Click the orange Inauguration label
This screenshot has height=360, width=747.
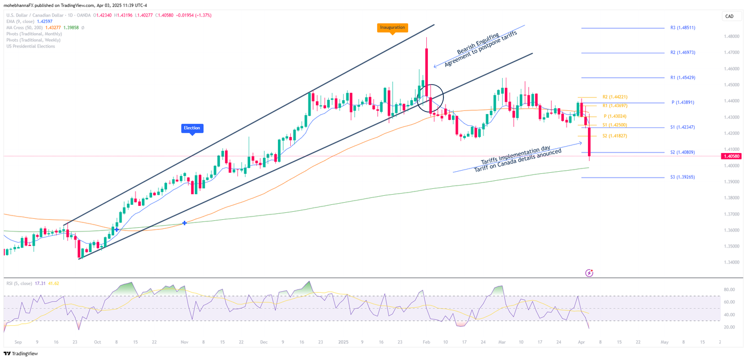392,27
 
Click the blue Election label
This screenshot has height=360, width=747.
192,128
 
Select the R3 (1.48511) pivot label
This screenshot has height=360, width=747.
682,28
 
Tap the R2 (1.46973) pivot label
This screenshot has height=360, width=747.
682,53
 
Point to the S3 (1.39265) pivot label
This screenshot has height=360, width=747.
682,177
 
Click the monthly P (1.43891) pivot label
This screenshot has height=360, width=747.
682,102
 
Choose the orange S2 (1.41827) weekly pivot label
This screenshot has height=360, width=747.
615,136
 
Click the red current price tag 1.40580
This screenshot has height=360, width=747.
730,156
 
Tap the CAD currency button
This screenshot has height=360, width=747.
729,17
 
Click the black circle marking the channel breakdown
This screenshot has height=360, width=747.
430,98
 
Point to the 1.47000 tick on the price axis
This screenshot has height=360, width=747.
731,53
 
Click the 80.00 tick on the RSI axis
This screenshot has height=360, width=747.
729,290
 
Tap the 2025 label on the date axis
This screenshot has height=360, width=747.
343,342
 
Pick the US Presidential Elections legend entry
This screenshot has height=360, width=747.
30,46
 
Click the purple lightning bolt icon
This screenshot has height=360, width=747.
589,273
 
